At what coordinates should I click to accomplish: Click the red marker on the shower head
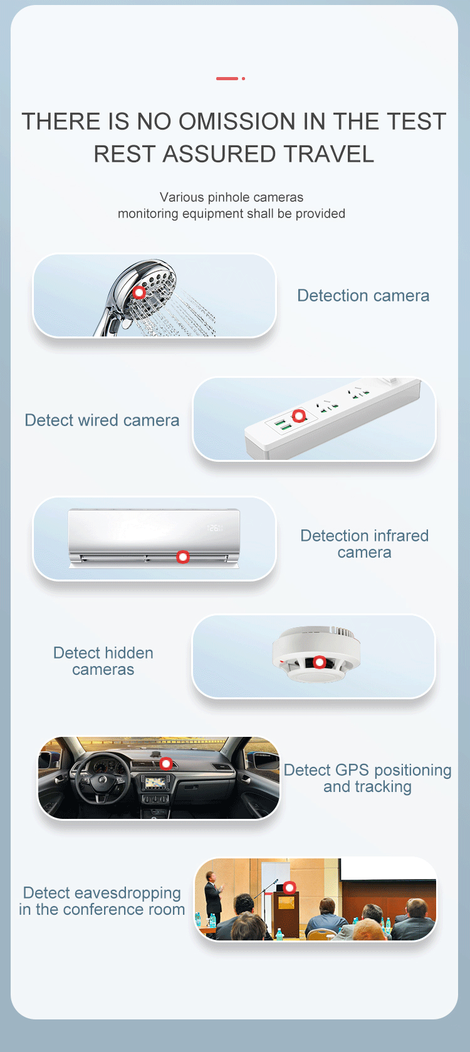tap(139, 293)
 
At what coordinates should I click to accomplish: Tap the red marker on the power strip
tap(299, 415)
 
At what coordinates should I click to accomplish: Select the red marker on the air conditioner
tap(182, 557)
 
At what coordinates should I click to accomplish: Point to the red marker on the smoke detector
tap(319, 662)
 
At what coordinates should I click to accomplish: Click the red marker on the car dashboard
tap(165, 764)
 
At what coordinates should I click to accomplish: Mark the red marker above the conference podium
tap(290, 887)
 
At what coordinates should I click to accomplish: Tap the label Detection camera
tap(363, 295)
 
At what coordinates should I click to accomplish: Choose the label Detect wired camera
tap(102, 420)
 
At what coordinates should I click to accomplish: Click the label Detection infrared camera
tap(364, 544)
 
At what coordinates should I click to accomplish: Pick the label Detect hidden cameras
tap(103, 661)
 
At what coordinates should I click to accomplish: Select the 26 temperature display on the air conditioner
tap(214, 528)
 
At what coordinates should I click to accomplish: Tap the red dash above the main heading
tap(227, 78)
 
